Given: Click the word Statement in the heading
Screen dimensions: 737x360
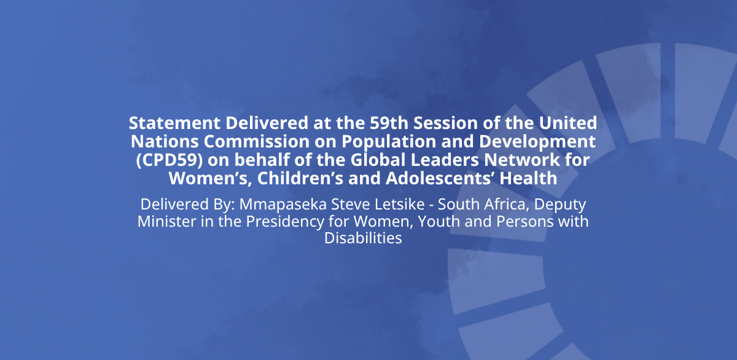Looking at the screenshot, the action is point(174,123).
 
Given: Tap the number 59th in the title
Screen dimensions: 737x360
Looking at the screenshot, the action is point(389,123).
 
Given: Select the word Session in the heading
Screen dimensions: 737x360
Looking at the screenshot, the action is point(445,123).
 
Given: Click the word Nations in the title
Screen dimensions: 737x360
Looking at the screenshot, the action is point(165,141).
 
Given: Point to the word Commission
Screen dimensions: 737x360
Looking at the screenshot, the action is point(257,141).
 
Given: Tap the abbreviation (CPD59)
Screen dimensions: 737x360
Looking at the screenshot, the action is point(170,160).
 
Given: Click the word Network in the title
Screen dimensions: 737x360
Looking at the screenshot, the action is point(522,160).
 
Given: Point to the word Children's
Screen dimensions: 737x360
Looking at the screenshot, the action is point(300,178).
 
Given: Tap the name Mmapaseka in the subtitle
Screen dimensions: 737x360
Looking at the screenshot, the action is point(283,205).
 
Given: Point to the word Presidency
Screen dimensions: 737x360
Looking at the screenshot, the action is point(285,222).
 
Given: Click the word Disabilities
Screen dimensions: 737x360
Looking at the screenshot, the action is point(363,238).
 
